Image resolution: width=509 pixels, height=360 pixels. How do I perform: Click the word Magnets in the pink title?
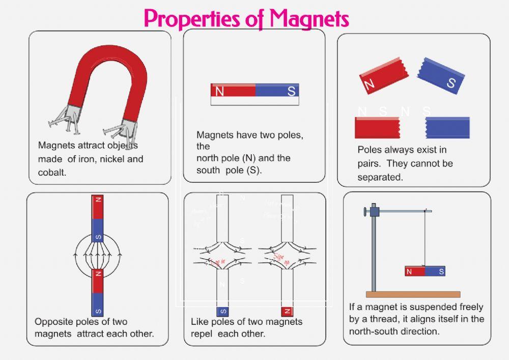point(309,19)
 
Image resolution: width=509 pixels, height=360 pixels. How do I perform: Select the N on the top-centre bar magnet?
point(220,92)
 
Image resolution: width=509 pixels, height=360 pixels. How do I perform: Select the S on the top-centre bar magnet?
point(291,92)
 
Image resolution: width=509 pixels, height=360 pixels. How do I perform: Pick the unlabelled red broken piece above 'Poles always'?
point(377,128)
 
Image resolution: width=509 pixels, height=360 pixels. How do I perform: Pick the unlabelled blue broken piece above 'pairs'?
point(447,128)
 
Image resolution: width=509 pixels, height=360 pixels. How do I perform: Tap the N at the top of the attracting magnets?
point(98,200)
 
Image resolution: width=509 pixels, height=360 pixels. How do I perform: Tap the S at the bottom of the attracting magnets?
point(98,311)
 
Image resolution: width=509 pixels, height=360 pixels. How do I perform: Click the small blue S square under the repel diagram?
point(222,311)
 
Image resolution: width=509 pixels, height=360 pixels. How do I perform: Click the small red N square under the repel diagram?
point(287,311)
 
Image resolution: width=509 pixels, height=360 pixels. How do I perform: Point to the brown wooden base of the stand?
point(413,294)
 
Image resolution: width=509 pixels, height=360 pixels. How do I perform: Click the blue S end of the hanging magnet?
point(436,272)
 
